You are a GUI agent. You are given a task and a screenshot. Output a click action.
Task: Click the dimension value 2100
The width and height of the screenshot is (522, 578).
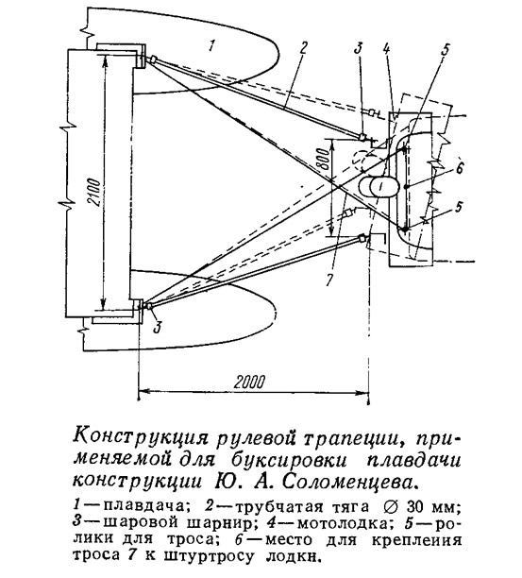(x=94, y=198)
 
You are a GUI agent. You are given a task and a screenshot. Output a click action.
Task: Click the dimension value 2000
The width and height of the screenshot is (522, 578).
(x=249, y=382)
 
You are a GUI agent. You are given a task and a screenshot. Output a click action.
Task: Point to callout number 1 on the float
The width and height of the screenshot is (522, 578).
(x=210, y=46)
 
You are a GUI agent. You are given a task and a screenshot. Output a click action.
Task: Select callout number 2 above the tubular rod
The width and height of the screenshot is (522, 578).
(x=302, y=49)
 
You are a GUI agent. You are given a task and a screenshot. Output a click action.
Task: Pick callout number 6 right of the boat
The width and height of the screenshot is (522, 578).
(x=459, y=168)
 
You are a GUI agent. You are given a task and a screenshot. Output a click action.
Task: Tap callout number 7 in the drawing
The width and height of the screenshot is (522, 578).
(x=329, y=280)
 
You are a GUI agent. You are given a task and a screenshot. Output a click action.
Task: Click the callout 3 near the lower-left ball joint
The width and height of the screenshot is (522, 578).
(x=157, y=327)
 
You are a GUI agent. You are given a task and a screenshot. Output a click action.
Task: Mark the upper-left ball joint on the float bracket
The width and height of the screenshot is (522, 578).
(x=153, y=59)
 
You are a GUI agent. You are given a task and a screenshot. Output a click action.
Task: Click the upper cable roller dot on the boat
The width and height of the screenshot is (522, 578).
(x=405, y=148)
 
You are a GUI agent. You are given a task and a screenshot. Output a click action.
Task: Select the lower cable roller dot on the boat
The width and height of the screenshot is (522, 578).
(x=405, y=229)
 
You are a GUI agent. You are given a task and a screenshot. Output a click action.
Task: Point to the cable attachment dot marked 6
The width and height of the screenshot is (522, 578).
(x=406, y=187)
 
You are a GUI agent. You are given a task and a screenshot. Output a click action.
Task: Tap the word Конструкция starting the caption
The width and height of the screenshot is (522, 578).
(x=143, y=438)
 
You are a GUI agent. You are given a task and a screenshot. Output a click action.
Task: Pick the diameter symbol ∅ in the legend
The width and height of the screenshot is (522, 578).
(x=391, y=506)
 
